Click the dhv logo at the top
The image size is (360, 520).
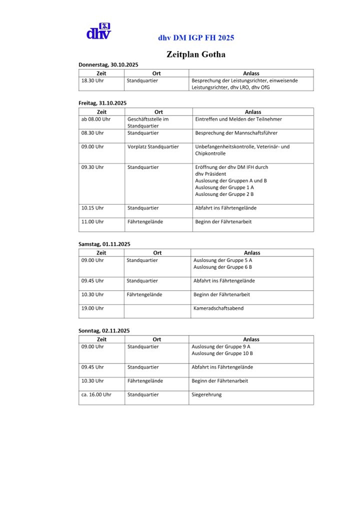[x=98, y=31]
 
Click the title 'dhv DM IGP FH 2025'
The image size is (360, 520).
[x=196, y=37]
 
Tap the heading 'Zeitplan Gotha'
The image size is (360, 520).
[x=196, y=54]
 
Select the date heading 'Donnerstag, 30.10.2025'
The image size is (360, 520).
[x=108, y=65]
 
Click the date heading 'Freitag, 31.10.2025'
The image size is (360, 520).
[x=102, y=103]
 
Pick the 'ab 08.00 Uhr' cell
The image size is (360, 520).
[x=95, y=119]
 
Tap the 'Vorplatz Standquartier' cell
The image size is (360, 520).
[x=153, y=146]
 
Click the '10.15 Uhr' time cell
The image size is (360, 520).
[x=92, y=207]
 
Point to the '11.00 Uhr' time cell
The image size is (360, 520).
[x=92, y=221]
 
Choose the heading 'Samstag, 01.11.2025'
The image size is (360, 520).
[x=104, y=244]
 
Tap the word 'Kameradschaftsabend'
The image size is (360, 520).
[x=218, y=308]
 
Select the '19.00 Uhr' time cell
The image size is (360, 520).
[x=92, y=308]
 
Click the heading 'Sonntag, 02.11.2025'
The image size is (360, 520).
[x=104, y=330]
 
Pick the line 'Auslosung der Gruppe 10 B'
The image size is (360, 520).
[x=222, y=353]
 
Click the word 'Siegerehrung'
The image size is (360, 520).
[x=206, y=394]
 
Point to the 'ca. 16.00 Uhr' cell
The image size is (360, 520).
[x=96, y=394]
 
